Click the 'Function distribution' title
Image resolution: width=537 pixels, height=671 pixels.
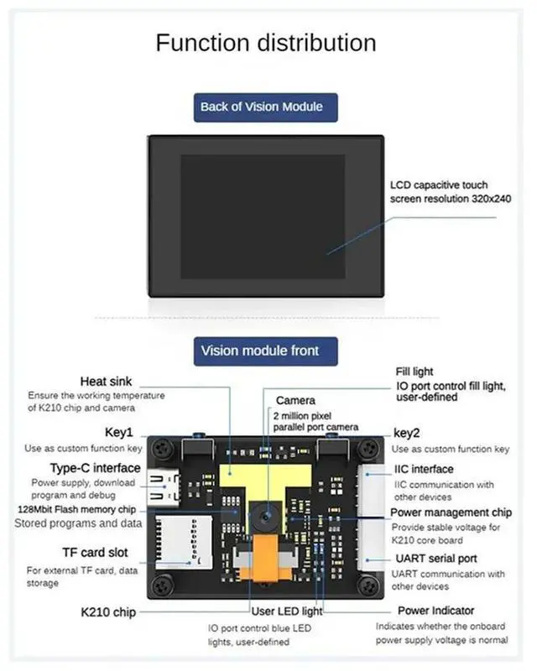click(266, 43)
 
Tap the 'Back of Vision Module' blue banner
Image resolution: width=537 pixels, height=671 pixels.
click(261, 107)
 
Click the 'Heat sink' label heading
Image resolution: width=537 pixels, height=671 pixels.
click(106, 382)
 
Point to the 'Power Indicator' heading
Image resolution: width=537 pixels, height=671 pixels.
click(435, 611)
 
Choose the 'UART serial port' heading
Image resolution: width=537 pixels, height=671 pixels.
click(435, 559)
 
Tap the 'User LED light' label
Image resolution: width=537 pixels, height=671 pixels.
click(287, 611)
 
